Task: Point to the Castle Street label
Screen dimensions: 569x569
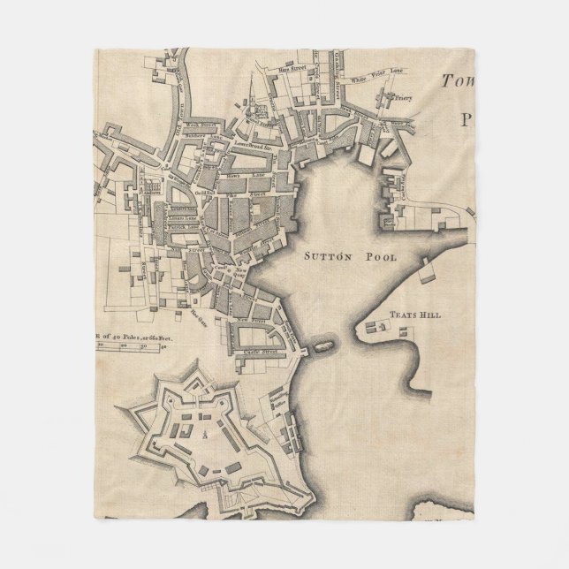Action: coord(258,352)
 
